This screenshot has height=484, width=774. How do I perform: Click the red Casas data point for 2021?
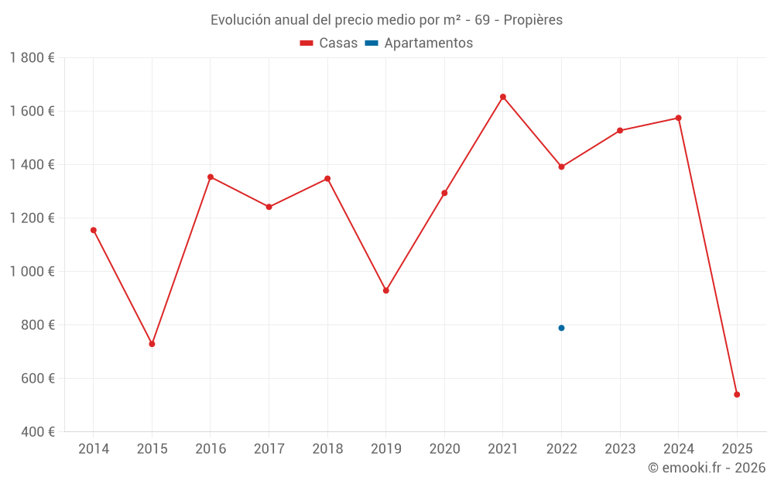coord(503,97)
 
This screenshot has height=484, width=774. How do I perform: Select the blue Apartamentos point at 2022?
coord(561,328)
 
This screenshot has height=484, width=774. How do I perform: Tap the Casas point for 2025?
coord(737,394)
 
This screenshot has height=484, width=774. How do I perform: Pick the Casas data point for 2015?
coord(152,344)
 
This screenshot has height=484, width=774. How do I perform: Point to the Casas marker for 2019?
coord(386,290)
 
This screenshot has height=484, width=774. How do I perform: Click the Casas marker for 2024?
coord(679,118)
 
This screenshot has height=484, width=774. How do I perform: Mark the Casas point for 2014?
coord(94,230)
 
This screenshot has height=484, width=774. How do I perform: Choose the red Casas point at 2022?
coord(561,166)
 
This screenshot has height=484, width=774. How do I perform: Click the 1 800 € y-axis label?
coord(32,58)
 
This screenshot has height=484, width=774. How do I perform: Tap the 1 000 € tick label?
coord(32,272)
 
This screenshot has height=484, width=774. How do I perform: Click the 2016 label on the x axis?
coord(211,449)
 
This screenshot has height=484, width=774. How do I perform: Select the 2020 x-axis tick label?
coord(444,449)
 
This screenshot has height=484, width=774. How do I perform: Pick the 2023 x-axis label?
coord(620,449)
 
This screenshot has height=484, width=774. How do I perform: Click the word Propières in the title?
coord(533,20)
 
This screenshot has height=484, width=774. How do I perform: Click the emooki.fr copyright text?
coord(707,468)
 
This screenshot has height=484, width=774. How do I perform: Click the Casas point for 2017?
coord(269,207)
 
